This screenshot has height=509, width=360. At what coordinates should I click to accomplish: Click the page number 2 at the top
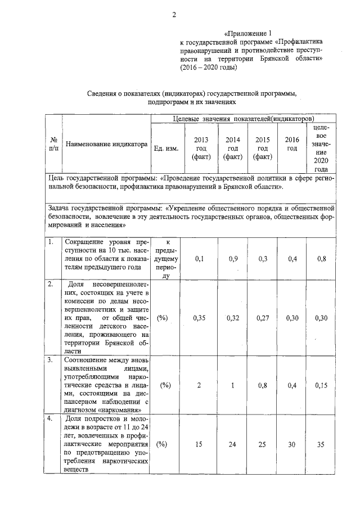point(174,15)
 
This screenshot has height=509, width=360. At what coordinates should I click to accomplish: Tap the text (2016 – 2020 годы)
point(209,67)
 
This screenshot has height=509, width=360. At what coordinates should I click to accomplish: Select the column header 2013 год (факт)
point(200,148)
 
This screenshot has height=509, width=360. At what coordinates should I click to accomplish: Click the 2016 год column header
point(291,144)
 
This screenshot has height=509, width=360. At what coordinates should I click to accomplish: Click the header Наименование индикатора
point(106,144)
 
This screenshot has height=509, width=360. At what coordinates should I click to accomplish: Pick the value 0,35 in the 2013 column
point(200,318)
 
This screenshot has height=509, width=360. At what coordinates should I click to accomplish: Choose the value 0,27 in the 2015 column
point(262,318)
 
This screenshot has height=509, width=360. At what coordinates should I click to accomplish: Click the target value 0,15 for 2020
point(321,385)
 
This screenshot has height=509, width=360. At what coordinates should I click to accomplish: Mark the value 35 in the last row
point(321,444)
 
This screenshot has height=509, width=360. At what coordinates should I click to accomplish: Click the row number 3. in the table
point(51,358)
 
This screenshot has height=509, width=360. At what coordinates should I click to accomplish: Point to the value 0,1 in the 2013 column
point(200,258)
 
